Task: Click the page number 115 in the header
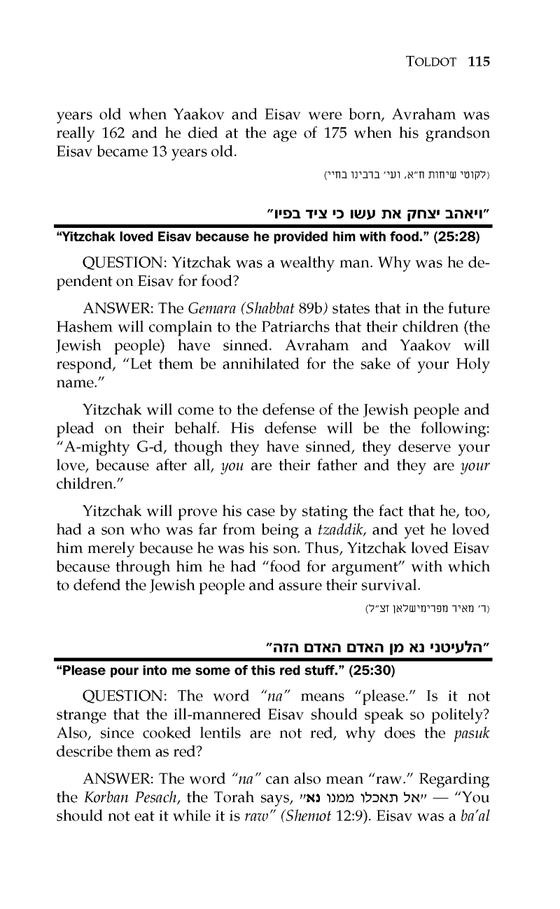pyautogui.click(x=478, y=62)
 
